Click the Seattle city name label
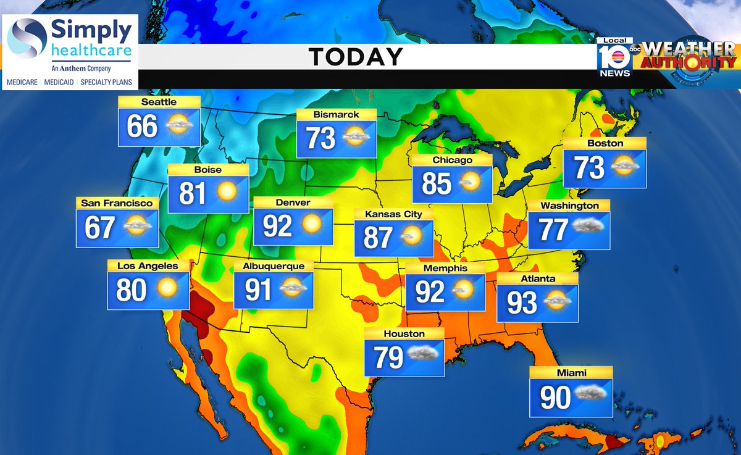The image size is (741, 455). click(159, 102)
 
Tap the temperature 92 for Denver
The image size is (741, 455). click(277, 227)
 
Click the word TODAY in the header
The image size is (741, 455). click(356, 57)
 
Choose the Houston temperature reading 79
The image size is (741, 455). click(389, 357)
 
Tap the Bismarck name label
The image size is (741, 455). click(336, 114)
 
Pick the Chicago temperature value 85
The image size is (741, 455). click(437, 183)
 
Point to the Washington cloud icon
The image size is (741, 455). click(587, 227)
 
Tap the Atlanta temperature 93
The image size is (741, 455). click(522, 302)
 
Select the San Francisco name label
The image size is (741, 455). click(117, 202)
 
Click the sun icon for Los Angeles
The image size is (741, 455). click(166, 288)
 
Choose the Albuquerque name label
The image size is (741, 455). click(274, 266)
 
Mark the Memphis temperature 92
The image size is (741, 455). click(430, 292)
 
